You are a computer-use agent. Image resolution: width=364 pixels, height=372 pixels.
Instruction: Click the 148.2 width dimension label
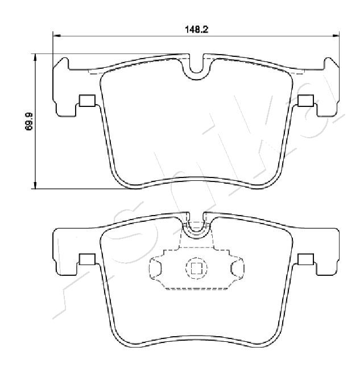pos(196,30)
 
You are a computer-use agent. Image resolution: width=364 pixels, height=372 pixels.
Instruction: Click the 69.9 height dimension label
pos(28,122)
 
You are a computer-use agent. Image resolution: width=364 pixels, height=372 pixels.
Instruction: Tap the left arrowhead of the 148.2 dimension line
pos(56,36)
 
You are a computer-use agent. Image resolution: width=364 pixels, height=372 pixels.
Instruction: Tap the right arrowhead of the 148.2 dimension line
pos(336,36)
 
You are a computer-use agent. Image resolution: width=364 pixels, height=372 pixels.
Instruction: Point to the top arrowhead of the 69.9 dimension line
pos(35,57)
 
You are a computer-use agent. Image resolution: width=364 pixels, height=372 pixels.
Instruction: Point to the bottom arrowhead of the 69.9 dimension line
pos(35,185)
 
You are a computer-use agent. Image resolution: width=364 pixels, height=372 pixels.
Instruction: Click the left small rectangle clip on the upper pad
pos(87,101)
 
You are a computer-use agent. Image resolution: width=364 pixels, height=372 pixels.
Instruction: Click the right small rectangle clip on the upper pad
pos(305,101)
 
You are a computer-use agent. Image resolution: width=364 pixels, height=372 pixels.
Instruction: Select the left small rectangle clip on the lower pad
pos(87,259)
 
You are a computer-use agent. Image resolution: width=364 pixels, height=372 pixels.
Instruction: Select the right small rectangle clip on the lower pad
pos(305,259)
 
